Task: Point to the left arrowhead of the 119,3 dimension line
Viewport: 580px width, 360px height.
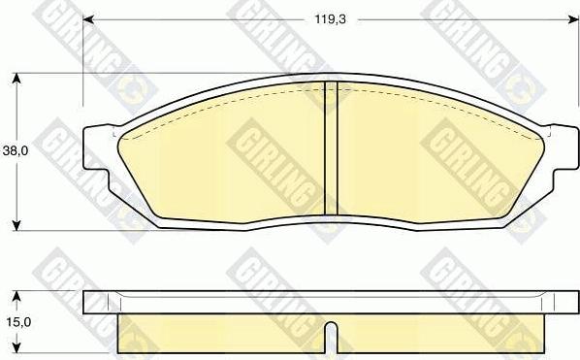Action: click(87, 19)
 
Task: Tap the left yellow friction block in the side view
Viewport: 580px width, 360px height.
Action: click(223, 335)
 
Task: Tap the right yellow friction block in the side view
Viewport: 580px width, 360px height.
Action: click(436, 335)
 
